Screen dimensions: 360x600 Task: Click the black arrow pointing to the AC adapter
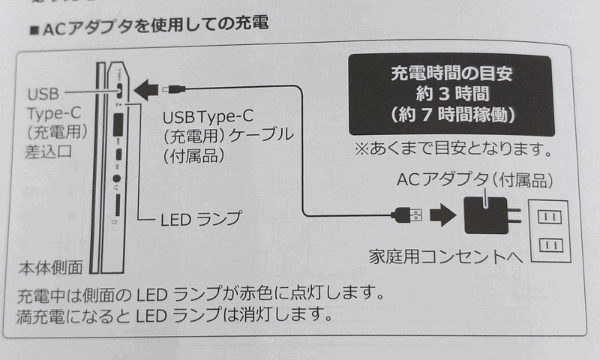[443, 215]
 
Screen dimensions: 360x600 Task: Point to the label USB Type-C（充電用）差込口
[58, 124]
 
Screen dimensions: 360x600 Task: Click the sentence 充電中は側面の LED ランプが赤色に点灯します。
[199, 291]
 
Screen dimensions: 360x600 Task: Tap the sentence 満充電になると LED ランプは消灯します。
[173, 312]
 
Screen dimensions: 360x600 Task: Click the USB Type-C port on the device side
[119, 88]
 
